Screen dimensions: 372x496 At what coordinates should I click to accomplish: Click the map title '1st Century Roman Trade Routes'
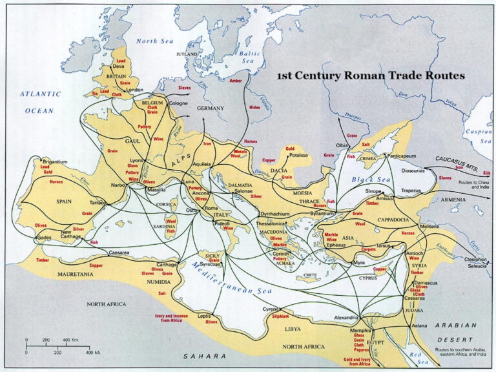pos(371,76)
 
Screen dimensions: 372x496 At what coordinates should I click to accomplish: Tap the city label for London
pos(134,90)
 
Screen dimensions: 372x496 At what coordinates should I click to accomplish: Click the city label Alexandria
pos(346,318)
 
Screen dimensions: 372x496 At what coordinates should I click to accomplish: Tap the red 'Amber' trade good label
pos(235,81)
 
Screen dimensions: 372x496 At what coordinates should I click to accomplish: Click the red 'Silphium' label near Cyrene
pos(279,316)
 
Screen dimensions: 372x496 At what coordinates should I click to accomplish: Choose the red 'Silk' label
pos(486,173)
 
